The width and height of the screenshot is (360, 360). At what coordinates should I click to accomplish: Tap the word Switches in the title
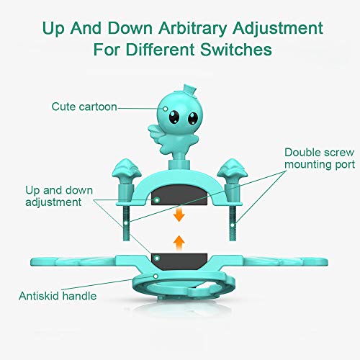pos(239,52)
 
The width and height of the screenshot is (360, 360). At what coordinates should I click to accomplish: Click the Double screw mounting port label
pos(319,158)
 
